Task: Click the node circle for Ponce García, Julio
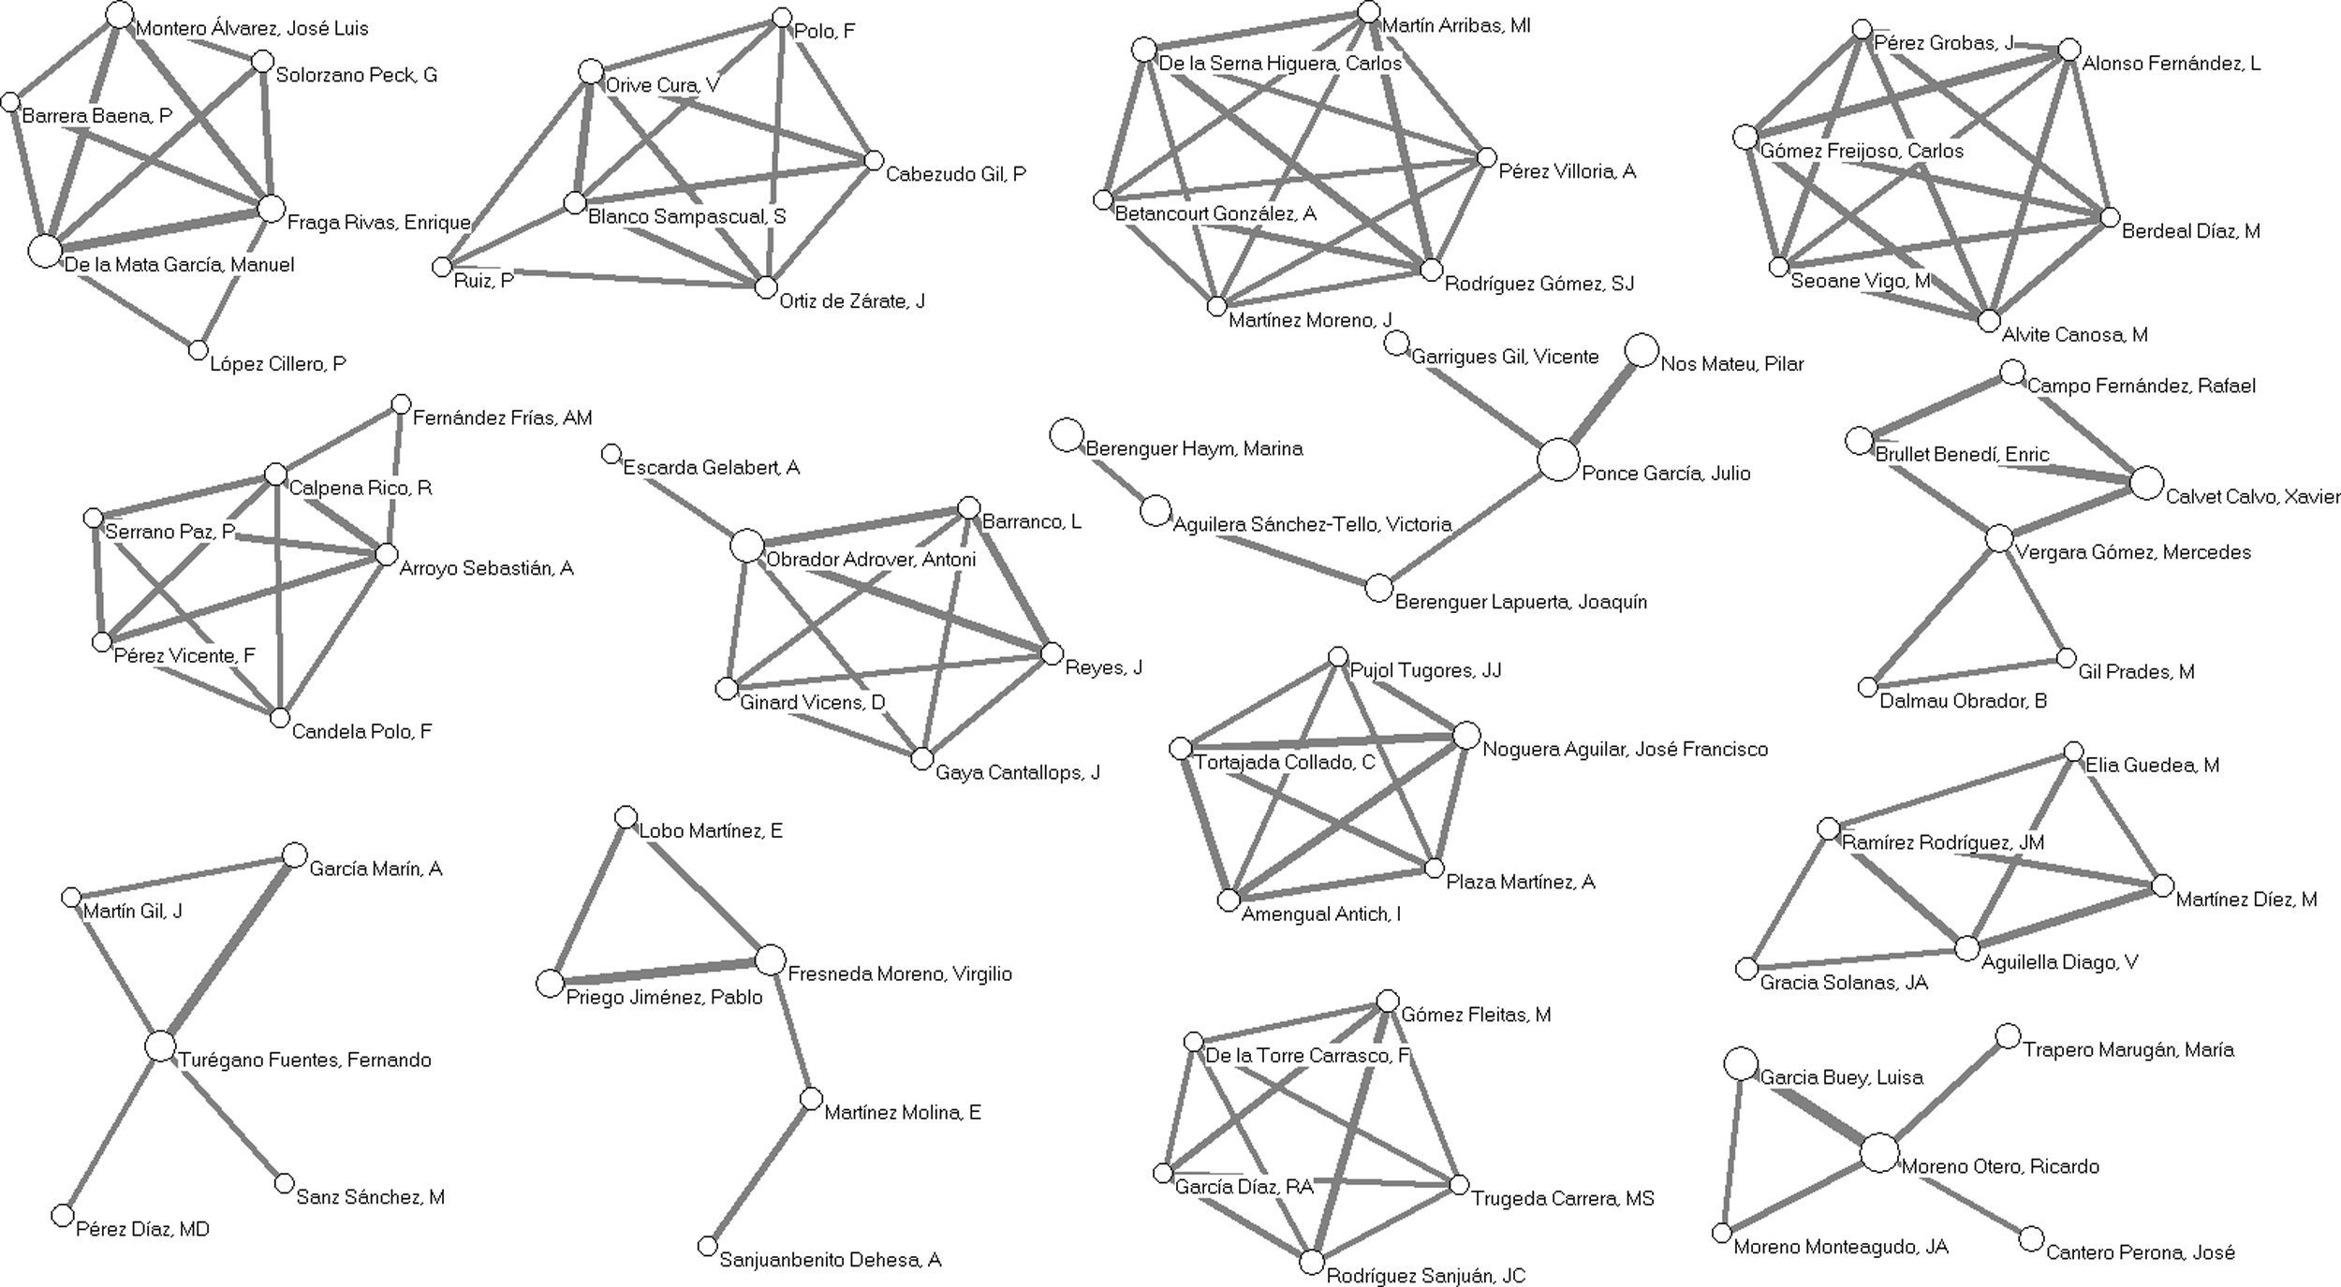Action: pos(1558,461)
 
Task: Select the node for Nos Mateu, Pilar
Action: pos(1641,351)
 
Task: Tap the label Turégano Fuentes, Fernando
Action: pos(305,1060)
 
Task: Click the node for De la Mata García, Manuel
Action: pos(44,251)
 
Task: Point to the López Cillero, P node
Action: pos(198,350)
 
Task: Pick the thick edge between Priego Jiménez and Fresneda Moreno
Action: pos(659,972)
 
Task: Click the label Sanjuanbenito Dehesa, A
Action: pos(830,1261)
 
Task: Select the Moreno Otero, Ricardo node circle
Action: pos(1878,1153)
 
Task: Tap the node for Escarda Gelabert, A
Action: pos(611,454)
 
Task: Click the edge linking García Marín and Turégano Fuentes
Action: pos(228,951)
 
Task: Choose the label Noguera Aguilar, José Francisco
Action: pos(1625,750)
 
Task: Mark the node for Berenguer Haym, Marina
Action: pos(1067,435)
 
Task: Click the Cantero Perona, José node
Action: pos(2031,1239)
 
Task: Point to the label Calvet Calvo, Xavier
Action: pos(2252,497)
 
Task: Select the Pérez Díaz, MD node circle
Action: pos(62,1215)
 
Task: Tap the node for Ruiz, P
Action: pos(442,268)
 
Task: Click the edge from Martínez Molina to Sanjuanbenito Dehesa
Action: pos(759,1173)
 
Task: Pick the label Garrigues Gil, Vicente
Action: pos(1504,357)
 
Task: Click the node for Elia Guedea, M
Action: pos(2073,752)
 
